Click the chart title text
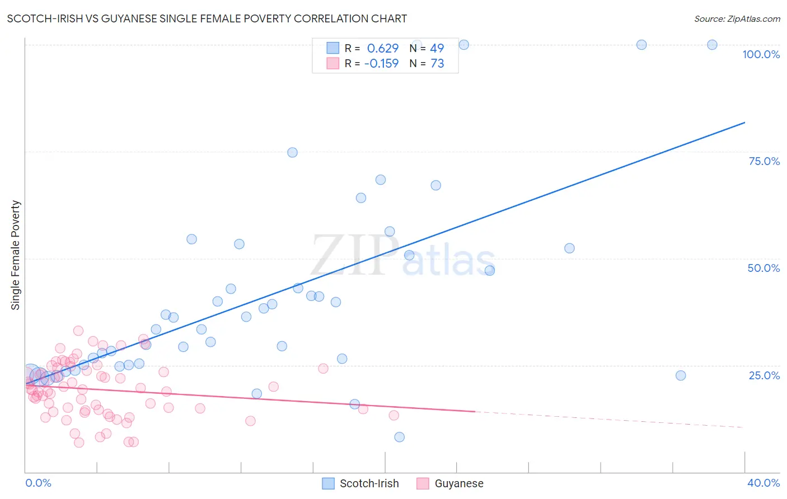207,18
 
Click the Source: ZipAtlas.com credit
737,18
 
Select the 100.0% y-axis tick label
761,54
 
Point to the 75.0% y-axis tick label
764,161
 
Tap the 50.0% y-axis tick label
763,268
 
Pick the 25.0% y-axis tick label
764,375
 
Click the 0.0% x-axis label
38,483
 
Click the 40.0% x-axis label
763,483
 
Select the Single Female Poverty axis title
16,255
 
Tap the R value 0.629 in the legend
383,49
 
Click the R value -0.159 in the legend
381,64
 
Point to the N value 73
437,64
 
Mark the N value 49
437,49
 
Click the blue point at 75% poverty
292,152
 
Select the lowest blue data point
399,437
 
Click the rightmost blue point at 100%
712,45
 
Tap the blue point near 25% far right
681,375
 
